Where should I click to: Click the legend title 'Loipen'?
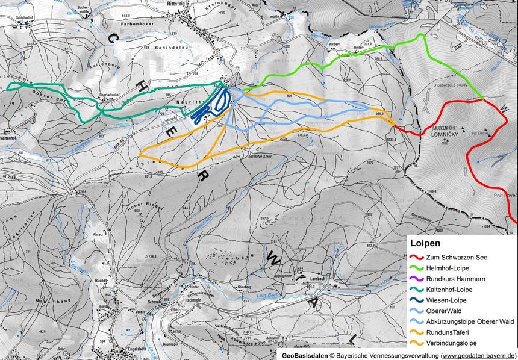point(424,244)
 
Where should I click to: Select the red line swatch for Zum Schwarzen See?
point(418,258)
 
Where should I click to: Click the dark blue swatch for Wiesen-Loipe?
point(418,300)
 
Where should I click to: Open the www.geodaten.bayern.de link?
point(479,355)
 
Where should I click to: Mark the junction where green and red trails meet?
point(484,100)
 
